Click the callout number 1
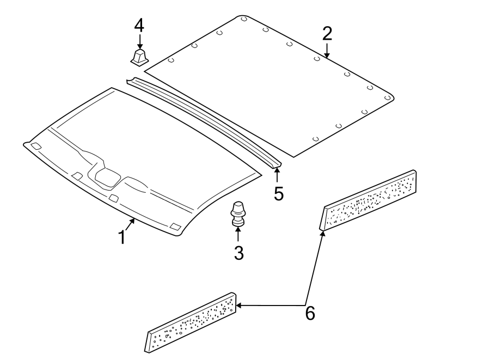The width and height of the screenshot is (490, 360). (122, 237)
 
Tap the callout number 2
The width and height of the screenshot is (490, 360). (327, 34)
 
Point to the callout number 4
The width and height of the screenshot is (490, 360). (140, 25)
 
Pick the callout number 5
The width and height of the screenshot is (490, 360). (278, 193)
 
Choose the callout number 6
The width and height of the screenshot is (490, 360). (310, 313)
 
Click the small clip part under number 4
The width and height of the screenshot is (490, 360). (139, 57)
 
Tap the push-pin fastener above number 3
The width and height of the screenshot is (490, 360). (238, 213)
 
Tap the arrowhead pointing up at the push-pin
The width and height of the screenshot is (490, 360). (238, 229)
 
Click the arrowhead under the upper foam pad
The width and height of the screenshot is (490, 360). (322, 233)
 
